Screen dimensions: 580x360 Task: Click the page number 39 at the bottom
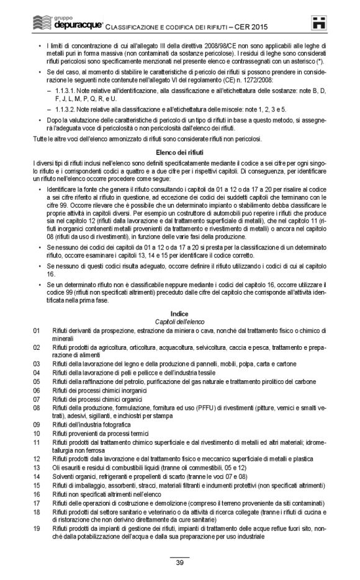(x=179, y=562)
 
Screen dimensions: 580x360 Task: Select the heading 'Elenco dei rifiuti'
(x=179, y=150)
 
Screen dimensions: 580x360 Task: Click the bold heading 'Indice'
(x=179, y=314)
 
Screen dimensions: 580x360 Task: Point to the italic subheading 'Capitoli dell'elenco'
(x=179, y=321)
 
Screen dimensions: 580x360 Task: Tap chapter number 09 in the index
(x=37, y=424)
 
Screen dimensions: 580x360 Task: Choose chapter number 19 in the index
(x=37, y=527)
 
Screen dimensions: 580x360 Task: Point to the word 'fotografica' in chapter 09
(x=114, y=424)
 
